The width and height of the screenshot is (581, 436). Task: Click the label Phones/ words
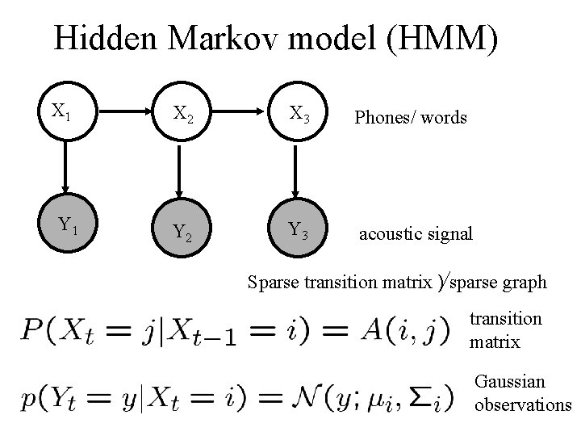pyautogui.click(x=411, y=118)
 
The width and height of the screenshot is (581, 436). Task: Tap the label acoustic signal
pyautogui.click(x=415, y=234)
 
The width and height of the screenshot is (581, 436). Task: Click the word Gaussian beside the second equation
pyautogui.click(x=510, y=381)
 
